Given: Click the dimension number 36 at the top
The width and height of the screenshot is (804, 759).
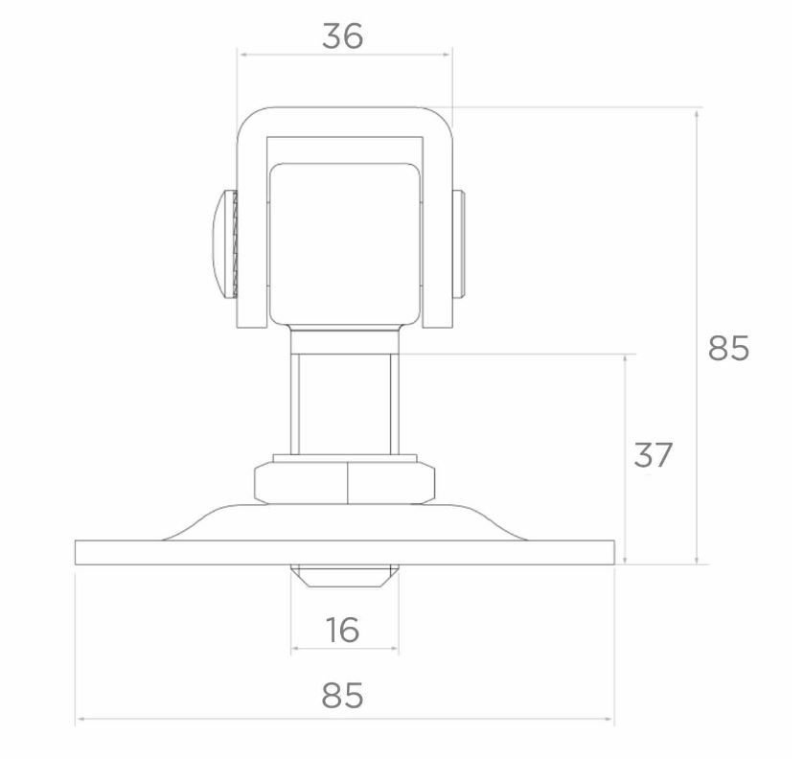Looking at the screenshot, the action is point(342,37).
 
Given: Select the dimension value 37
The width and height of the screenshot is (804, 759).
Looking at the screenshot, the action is point(653,455).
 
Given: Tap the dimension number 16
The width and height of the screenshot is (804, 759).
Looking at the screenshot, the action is point(342,630).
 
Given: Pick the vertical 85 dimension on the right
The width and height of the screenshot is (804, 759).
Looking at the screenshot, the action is point(728,348).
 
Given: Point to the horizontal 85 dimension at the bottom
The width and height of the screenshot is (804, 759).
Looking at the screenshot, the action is point(342,696).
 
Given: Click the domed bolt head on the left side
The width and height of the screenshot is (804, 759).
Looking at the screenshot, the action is point(221,243).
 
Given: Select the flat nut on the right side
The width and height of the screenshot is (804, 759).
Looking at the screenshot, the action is point(458,243).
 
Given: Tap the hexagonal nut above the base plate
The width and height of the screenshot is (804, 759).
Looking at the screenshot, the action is point(345,483).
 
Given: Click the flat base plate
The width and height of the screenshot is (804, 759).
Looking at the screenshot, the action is point(345,552).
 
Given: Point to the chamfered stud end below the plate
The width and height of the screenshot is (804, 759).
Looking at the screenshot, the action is point(345,576).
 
